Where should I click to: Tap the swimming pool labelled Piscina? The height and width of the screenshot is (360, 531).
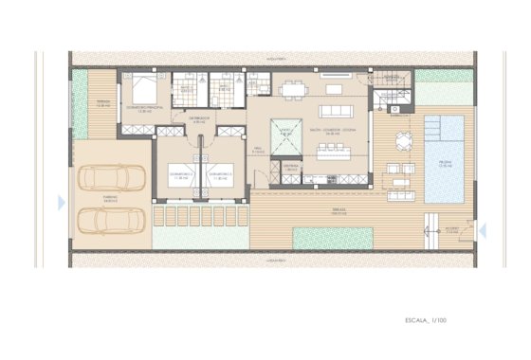444,158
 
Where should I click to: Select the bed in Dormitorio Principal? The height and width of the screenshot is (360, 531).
143,91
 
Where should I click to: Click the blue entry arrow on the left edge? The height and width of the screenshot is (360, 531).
62,203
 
